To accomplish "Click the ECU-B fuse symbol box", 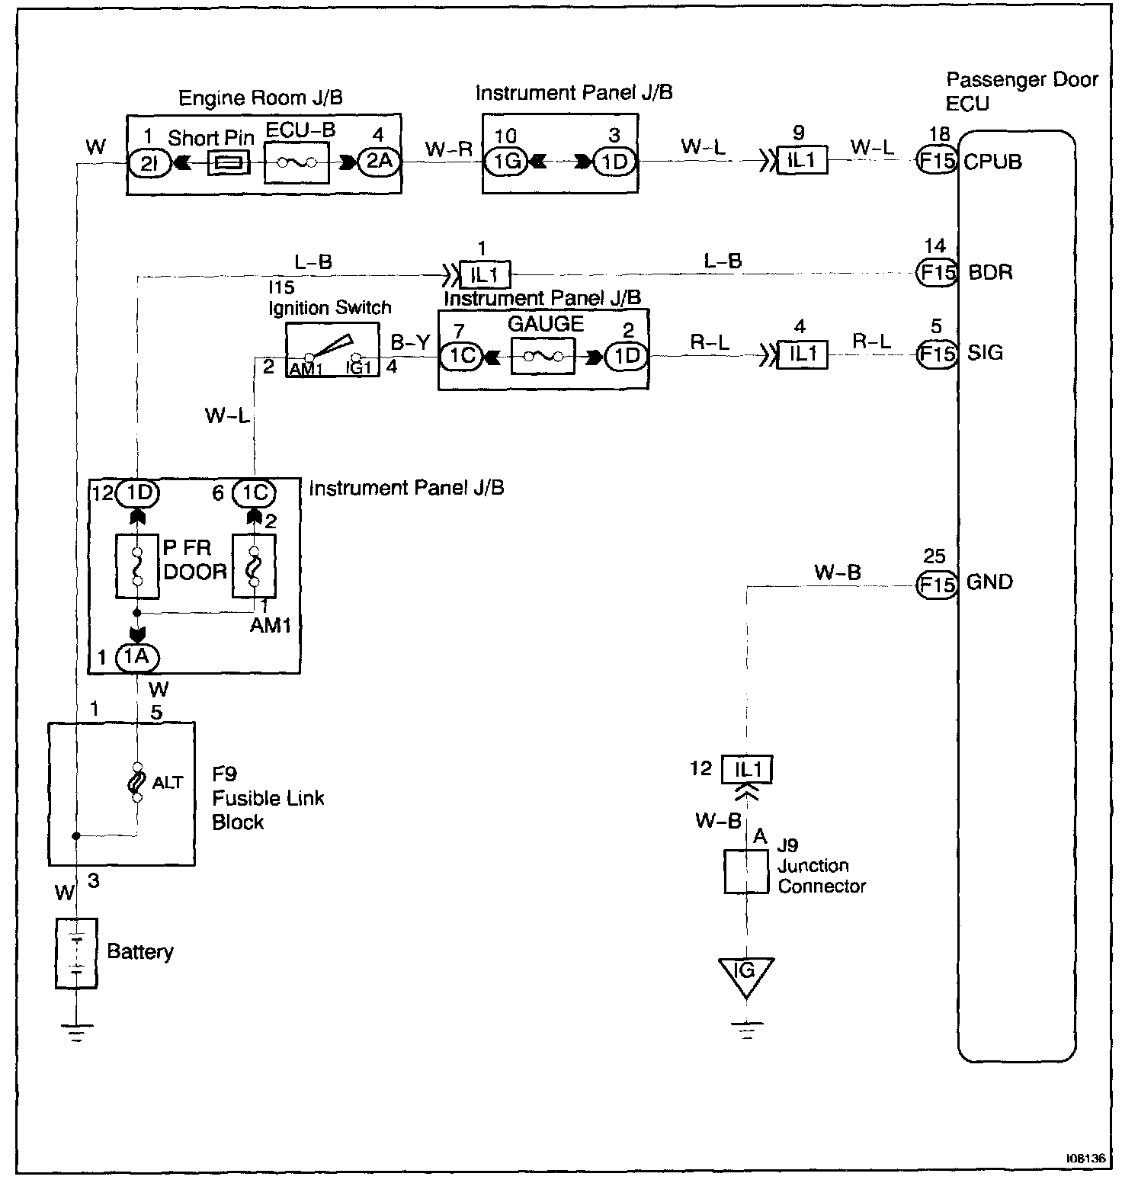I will [x=297, y=162].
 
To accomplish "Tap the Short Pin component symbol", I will [x=228, y=162].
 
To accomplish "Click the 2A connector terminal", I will [x=379, y=162].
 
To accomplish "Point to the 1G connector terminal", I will [x=506, y=162].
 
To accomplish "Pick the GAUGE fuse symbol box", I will [x=543, y=356].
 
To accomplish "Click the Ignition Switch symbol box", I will [x=332, y=350].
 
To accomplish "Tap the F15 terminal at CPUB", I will [x=935, y=162].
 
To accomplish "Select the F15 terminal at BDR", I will [x=935, y=272].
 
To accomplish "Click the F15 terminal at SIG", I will [x=935, y=354].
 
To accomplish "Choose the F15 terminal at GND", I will [x=935, y=585].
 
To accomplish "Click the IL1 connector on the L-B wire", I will [x=485, y=274].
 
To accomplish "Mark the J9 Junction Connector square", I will [x=745, y=872].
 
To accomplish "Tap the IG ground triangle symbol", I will [x=745, y=973].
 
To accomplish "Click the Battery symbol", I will [x=76, y=953].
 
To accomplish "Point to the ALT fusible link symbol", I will [x=137, y=782].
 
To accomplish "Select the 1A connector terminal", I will [x=137, y=656].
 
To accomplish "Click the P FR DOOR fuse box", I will [x=137, y=566].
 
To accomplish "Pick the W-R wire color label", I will [x=448, y=149].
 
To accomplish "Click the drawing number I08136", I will [x=1085, y=1157].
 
